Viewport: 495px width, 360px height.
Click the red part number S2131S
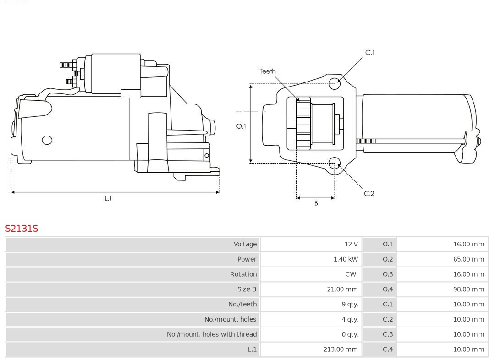pyautogui.click(x=22, y=228)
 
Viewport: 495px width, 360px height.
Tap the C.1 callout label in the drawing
pyautogui.click(x=369, y=53)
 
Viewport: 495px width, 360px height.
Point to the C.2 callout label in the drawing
pyautogui.click(x=369, y=193)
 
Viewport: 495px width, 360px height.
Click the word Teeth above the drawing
pyautogui.click(x=268, y=71)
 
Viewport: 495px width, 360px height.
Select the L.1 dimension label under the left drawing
pyautogui.click(x=108, y=198)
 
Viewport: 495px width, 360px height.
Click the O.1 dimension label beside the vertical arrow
pyautogui.click(x=241, y=126)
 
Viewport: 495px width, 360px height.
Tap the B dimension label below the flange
pyautogui.click(x=316, y=203)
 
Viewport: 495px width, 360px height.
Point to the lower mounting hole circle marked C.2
pyautogui.click(x=335, y=163)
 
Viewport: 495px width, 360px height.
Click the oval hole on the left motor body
pyautogui.click(x=47, y=140)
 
